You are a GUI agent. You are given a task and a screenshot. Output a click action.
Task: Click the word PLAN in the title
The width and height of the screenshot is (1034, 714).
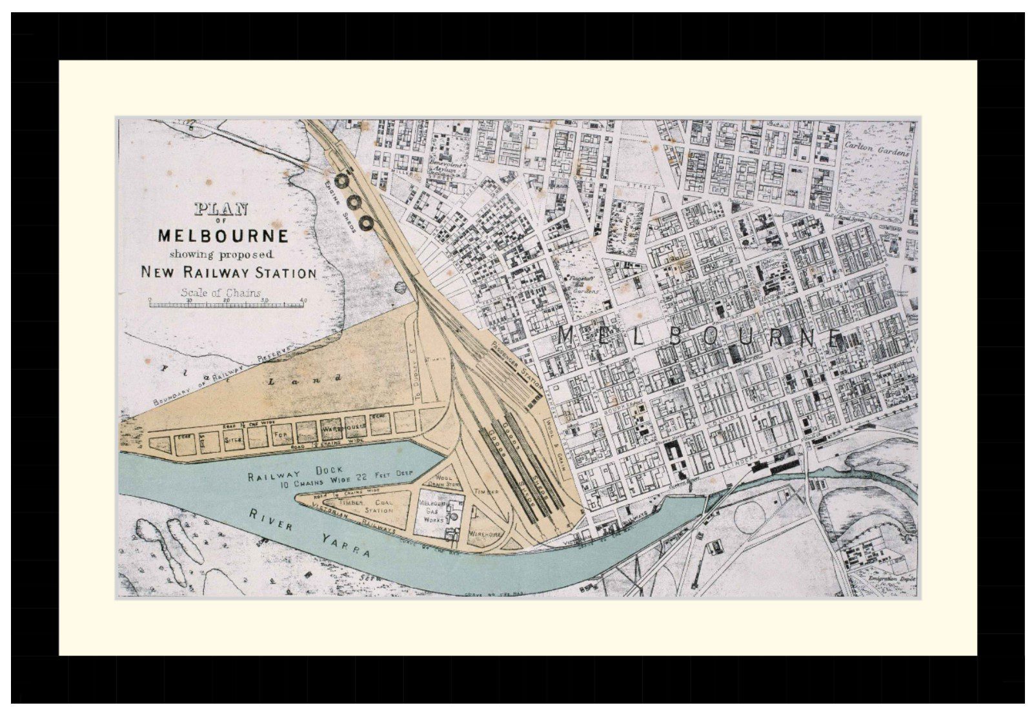[x=221, y=209]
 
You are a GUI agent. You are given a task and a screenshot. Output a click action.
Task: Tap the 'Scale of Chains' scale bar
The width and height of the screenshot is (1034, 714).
[x=227, y=303]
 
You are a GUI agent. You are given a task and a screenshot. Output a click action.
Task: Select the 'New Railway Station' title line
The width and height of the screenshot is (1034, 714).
[x=228, y=272]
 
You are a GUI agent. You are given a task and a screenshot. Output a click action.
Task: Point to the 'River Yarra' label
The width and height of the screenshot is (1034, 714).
[x=310, y=535]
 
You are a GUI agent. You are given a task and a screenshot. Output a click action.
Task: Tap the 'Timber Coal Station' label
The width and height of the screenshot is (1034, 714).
[x=361, y=506]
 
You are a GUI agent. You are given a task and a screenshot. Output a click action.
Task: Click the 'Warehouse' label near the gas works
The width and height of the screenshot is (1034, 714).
[x=485, y=534]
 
